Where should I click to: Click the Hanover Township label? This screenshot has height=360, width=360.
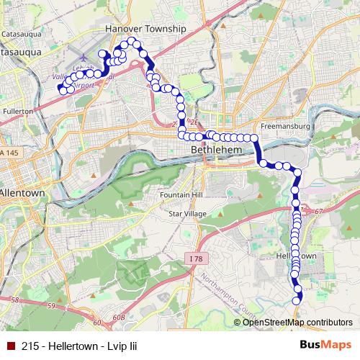pos(145,29)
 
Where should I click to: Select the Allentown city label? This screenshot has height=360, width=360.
pos(22,194)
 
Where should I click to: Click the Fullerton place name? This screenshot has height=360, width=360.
pos(17,112)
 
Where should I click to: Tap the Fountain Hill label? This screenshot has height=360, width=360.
pos(179,196)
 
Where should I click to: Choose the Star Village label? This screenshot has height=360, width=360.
pos(186,214)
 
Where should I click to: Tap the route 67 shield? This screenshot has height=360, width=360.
pos(320,210)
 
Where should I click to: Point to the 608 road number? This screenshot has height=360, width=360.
pos(119,318)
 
